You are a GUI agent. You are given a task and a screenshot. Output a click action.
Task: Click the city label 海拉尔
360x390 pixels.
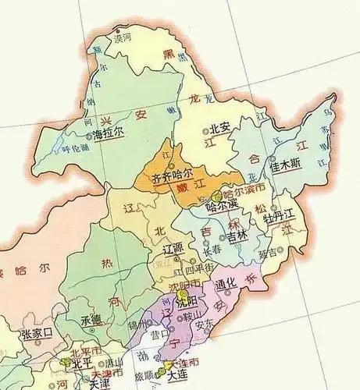[x=109, y=134]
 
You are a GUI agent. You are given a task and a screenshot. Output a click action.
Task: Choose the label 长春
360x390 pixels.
[x=212, y=252]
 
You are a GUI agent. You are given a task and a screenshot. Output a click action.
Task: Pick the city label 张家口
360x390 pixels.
[x=37, y=333]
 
